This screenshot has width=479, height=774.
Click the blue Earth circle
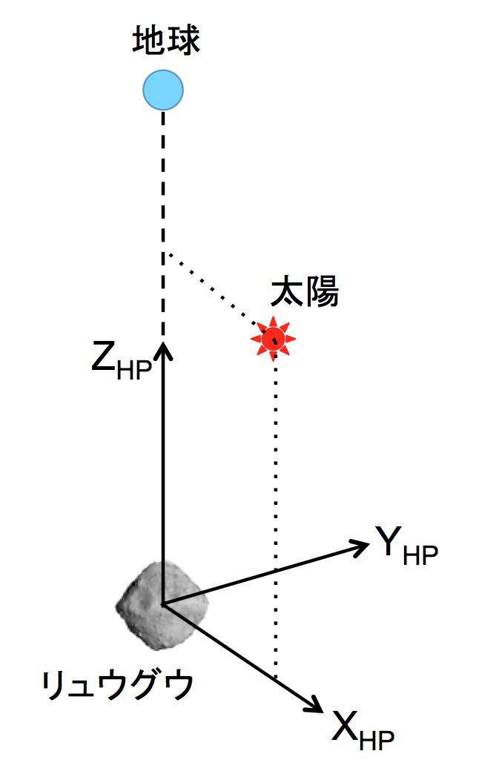[x=163, y=90]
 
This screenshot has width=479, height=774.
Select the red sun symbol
[x=273, y=339]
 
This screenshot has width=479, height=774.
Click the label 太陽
[x=304, y=291]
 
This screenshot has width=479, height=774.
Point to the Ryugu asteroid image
[x=162, y=605]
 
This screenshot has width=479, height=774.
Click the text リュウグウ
[x=117, y=684]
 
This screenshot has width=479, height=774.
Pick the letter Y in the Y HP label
[x=388, y=541]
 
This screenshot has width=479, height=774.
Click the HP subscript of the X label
[x=377, y=739]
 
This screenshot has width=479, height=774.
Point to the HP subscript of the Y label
[x=420, y=555]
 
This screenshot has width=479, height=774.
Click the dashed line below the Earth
[x=163, y=223]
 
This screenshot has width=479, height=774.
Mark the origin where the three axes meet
[x=163, y=603]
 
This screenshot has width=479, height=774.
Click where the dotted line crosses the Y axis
[x=276, y=571]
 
